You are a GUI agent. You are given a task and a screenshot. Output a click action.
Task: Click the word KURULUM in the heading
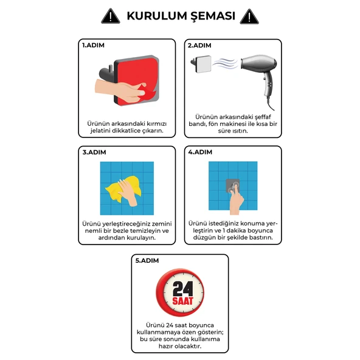click(154, 16)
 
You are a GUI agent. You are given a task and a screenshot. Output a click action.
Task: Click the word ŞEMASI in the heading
click(211, 16)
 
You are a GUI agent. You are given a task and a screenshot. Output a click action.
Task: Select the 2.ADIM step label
click(199, 46)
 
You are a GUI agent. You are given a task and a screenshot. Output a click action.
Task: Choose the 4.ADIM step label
click(199, 152)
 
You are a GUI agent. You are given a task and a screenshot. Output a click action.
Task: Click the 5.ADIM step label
click(147, 260)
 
